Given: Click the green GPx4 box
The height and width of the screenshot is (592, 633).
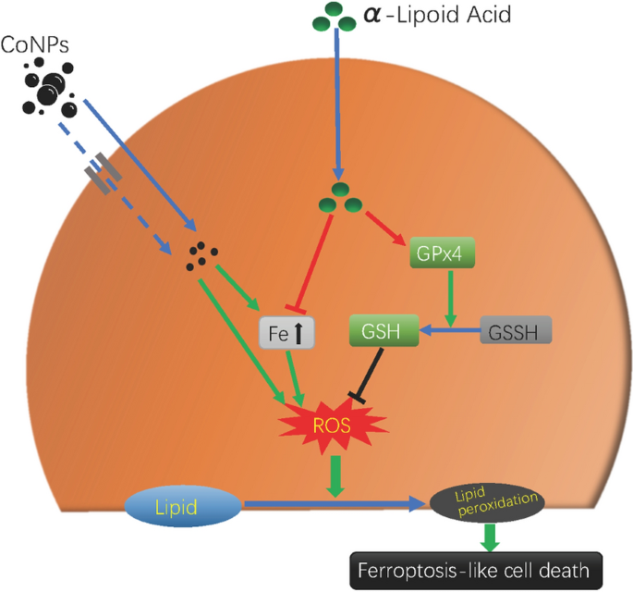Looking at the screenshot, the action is pyautogui.click(x=442, y=253).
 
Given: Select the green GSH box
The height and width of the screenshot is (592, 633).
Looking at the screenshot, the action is pyautogui.click(x=383, y=330).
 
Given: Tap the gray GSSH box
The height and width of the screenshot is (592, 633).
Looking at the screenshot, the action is pyautogui.click(x=516, y=330).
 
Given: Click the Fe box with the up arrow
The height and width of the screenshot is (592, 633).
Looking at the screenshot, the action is pyautogui.click(x=286, y=333).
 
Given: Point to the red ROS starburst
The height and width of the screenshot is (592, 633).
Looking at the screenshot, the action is pyautogui.click(x=333, y=425).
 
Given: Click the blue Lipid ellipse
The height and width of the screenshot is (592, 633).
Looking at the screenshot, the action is pyautogui.click(x=183, y=506).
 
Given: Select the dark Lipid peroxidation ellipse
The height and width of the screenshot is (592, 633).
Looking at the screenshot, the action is pyautogui.click(x=487, y=502).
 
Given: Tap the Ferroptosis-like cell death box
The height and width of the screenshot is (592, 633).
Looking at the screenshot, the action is pyautogui.click(x=476, y=571).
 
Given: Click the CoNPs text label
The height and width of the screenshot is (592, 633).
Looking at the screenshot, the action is pyautogui.click(x=35, y=44).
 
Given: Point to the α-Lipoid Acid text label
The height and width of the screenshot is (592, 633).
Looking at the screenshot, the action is pyautogui.click(x=437, y=15).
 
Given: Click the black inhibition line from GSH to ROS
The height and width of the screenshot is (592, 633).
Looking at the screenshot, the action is pyautogui.click(x=368, y=375).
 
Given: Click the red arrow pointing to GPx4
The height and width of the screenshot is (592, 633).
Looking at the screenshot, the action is pyautogui.click(x=385, y=228).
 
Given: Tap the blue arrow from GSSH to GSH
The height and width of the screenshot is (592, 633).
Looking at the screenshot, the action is pyautogui.click(x=450, y=330).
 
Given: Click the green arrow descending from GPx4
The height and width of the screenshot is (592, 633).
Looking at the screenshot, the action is pyautogui.click(x=451, y=298).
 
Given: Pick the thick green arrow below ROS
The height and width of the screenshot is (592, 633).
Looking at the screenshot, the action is pyautogui.click(x=335, y=476).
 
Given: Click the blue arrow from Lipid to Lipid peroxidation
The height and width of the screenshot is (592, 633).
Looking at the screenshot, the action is pyautogui.click(x=335, y=503).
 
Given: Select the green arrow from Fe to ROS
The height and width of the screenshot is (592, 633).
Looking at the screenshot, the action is pyautogui.click(x=295, y=377).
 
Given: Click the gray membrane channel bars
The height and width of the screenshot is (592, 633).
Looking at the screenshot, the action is pyautogui.click(x=103, y=173).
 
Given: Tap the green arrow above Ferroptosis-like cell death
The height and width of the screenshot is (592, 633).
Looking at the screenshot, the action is pyautogui.click(x=490, y=537).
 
